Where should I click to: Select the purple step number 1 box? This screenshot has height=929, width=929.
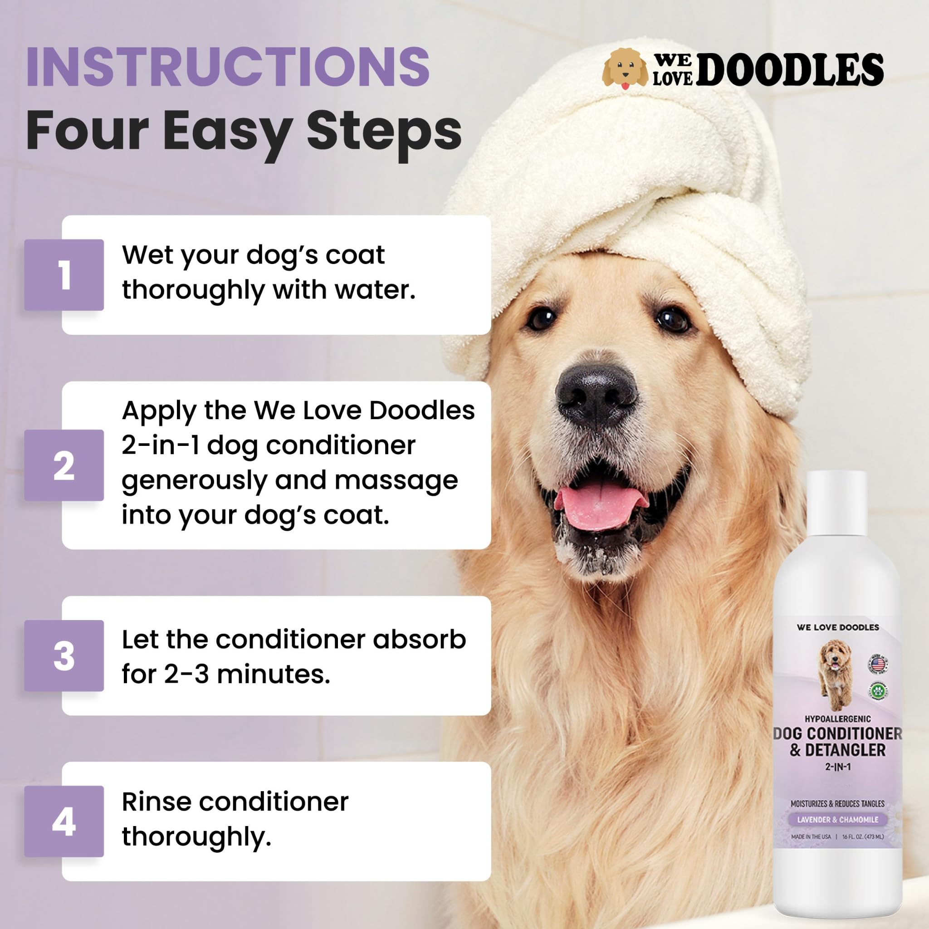coord(64,274)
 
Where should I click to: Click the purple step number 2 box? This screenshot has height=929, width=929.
coord(64,465)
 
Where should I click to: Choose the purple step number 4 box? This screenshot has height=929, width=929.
coord(64,821)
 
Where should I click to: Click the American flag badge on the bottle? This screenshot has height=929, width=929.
coord(878,664)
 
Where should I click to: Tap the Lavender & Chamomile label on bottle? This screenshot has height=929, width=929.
coord(838,819)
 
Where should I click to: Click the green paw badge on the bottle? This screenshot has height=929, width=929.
coord(878,691)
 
